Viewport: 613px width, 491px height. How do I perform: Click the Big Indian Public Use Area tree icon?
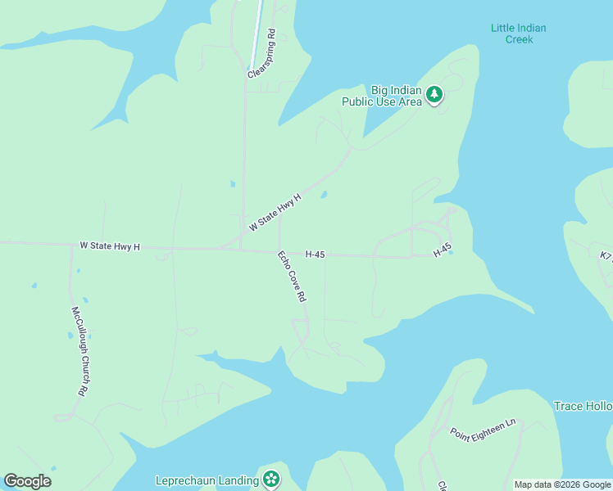pyautogui.click(x=434, y=96)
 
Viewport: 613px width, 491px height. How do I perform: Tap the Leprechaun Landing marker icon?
pyautogui.click(x=270, y=480)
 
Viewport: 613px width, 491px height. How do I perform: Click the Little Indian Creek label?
pyautogui.click(x=518, y=34)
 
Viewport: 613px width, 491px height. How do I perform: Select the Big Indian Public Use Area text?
pyautogui.click(x=382, y=96)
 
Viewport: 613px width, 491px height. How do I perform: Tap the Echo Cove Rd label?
pyautogui.click(x=291, y=277)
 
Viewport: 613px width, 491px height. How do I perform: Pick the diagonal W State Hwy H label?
pyautogui.click(x=275, y=212)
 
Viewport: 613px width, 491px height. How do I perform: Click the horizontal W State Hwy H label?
pyautogui.click(x=110, y=245)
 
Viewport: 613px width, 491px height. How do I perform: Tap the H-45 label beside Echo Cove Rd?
pyautogui.click(x=316, y=255)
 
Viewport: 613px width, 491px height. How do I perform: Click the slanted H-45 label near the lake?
pyautogui.click(x=443, y=250)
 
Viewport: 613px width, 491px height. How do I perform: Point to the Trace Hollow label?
pyautogui.click(x=583, y=406)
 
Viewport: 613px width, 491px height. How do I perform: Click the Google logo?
pyautogui.click(x=27, y=481)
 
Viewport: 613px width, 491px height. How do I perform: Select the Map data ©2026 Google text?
pyautogui.click(x=562, y=484)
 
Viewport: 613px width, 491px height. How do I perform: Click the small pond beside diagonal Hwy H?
pyautogui.click(x=324, y=195)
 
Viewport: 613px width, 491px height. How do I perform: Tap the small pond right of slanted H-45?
pyautogui.click(x=451, y=252)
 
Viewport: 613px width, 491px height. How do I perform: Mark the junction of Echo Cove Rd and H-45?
pyautogui.click(x=279, y=250)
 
